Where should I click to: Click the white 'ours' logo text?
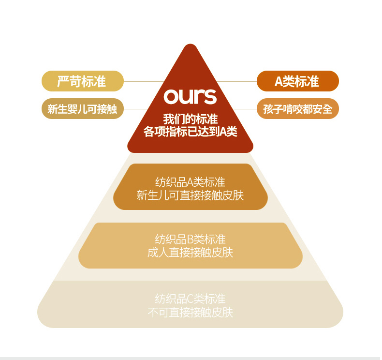point(190,96)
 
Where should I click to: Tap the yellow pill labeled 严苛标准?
point(83,81)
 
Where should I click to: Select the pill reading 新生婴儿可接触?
point(83,109)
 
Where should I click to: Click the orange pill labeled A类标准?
point(298,81)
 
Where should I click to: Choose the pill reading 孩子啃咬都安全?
point(298,109)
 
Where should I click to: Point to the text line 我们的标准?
point(190,119)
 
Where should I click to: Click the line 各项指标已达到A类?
point(190,132)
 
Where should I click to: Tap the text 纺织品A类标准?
point(190,182)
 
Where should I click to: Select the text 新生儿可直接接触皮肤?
point(190,195)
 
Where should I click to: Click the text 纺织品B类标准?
point(190,239)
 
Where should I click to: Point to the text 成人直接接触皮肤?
point(190,252)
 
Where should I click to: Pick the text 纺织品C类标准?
point(190,299)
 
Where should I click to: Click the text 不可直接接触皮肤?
point(190,312)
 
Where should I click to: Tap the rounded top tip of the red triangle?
point(190,45)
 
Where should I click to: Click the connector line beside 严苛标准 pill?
point(144,81)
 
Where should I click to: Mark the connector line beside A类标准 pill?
point(236,81)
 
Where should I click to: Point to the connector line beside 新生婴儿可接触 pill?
point(136,109)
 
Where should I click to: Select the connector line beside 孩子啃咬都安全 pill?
point(245,109)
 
